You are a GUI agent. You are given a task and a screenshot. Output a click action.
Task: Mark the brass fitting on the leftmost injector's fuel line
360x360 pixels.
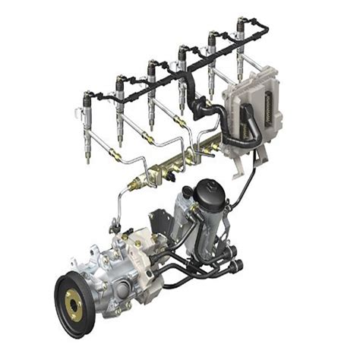click(x=115, y=156)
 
